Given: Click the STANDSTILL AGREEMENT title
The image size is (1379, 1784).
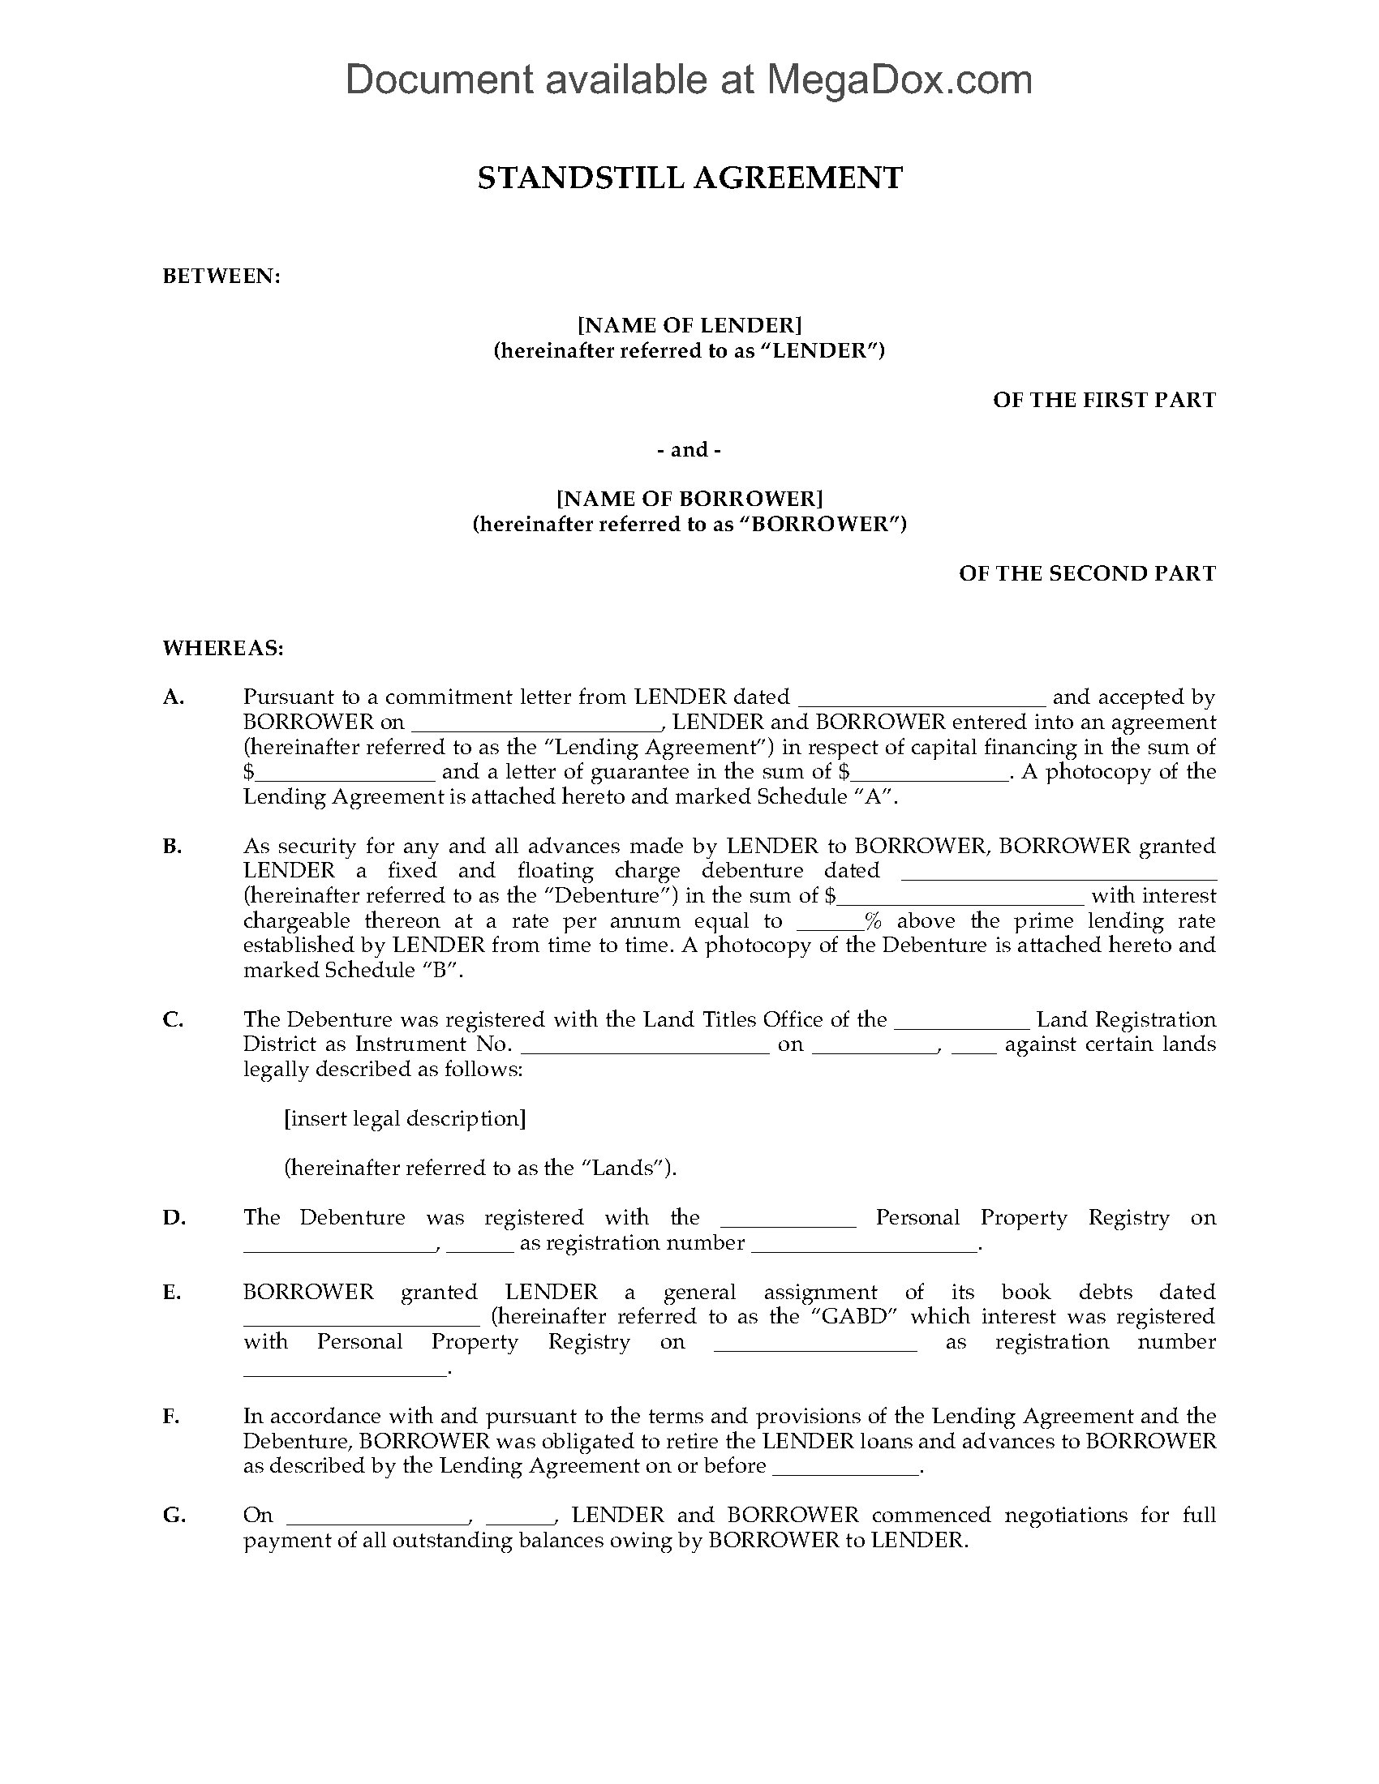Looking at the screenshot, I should (689, 178).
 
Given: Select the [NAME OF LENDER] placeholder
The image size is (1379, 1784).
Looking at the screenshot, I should (689, 325).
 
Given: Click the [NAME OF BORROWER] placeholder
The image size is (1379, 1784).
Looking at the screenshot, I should (689, 498).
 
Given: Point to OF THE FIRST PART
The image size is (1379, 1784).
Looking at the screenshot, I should (1104, 400).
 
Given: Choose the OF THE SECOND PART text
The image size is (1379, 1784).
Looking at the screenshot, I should (1086, 573).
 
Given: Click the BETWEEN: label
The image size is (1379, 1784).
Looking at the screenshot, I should (221, 276).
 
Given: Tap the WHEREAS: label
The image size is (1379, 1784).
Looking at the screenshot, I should (223, 649).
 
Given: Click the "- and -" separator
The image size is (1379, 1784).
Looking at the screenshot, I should (689, 449).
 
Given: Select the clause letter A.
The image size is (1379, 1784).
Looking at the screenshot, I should (174, 697).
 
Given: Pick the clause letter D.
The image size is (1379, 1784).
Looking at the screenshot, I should (174, 1217).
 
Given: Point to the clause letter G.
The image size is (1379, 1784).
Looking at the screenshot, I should (174, 1515).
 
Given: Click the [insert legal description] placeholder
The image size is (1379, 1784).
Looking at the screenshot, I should (405, 1118).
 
